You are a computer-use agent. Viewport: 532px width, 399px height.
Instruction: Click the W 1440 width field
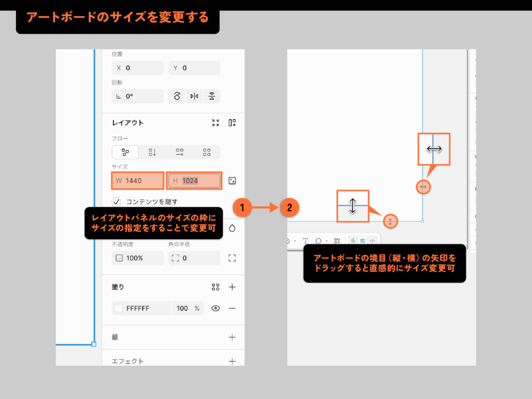tap(138, 181)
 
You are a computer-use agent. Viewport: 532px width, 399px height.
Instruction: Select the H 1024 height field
tap(194, 181)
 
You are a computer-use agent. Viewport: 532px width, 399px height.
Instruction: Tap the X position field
tap(138, 68)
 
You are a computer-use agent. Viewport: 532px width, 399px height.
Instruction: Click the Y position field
tap(194, 68)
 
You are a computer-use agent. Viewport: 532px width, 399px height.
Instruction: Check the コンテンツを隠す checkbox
tap(117, 202)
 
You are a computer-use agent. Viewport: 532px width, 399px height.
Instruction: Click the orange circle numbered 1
tap(242, 208)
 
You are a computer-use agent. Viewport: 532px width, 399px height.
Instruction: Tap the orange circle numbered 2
tap(289, 208)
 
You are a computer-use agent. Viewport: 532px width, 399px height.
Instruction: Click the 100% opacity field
tap(137, 258)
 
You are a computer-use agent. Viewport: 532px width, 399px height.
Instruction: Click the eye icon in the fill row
tap(216, 308)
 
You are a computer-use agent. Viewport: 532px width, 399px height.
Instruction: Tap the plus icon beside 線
tap(232, 337)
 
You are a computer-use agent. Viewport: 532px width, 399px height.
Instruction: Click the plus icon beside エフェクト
tap(232, 361)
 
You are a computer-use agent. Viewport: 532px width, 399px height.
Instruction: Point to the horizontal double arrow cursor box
tap(434, 149)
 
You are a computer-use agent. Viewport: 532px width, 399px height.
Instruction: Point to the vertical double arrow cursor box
tap(353, 206)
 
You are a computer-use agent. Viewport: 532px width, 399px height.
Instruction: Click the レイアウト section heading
tap(128, 123)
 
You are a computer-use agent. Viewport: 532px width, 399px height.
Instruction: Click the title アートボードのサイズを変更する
tap(117, 17)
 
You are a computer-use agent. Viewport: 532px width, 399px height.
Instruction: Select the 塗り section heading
tap(118, 287)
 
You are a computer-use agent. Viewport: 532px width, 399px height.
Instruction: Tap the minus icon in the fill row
tap(232, 308)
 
